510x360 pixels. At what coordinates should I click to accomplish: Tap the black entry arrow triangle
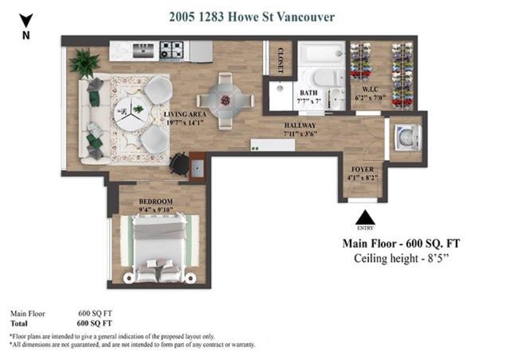click(365, 217)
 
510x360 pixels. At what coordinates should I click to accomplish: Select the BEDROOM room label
click(156, 202)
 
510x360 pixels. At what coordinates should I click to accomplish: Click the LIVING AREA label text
click(185, 114)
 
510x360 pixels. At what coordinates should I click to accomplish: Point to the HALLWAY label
click(300, 125)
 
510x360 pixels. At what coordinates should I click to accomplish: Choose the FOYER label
click(363, 169)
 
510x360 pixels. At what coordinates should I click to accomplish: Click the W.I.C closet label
click(371, 89)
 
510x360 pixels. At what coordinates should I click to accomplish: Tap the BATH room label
click(308, 93)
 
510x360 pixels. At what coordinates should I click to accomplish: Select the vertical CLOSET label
click(281, 60)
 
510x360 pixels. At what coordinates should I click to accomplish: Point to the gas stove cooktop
click(171, 51)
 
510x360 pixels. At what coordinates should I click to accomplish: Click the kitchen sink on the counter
click(143, 51)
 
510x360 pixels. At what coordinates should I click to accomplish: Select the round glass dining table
click(225, 100)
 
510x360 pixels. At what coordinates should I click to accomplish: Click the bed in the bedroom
click(159, 248)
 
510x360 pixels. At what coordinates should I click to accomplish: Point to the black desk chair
click(179, 163)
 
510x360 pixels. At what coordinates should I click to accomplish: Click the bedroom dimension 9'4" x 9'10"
click(156, 209)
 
